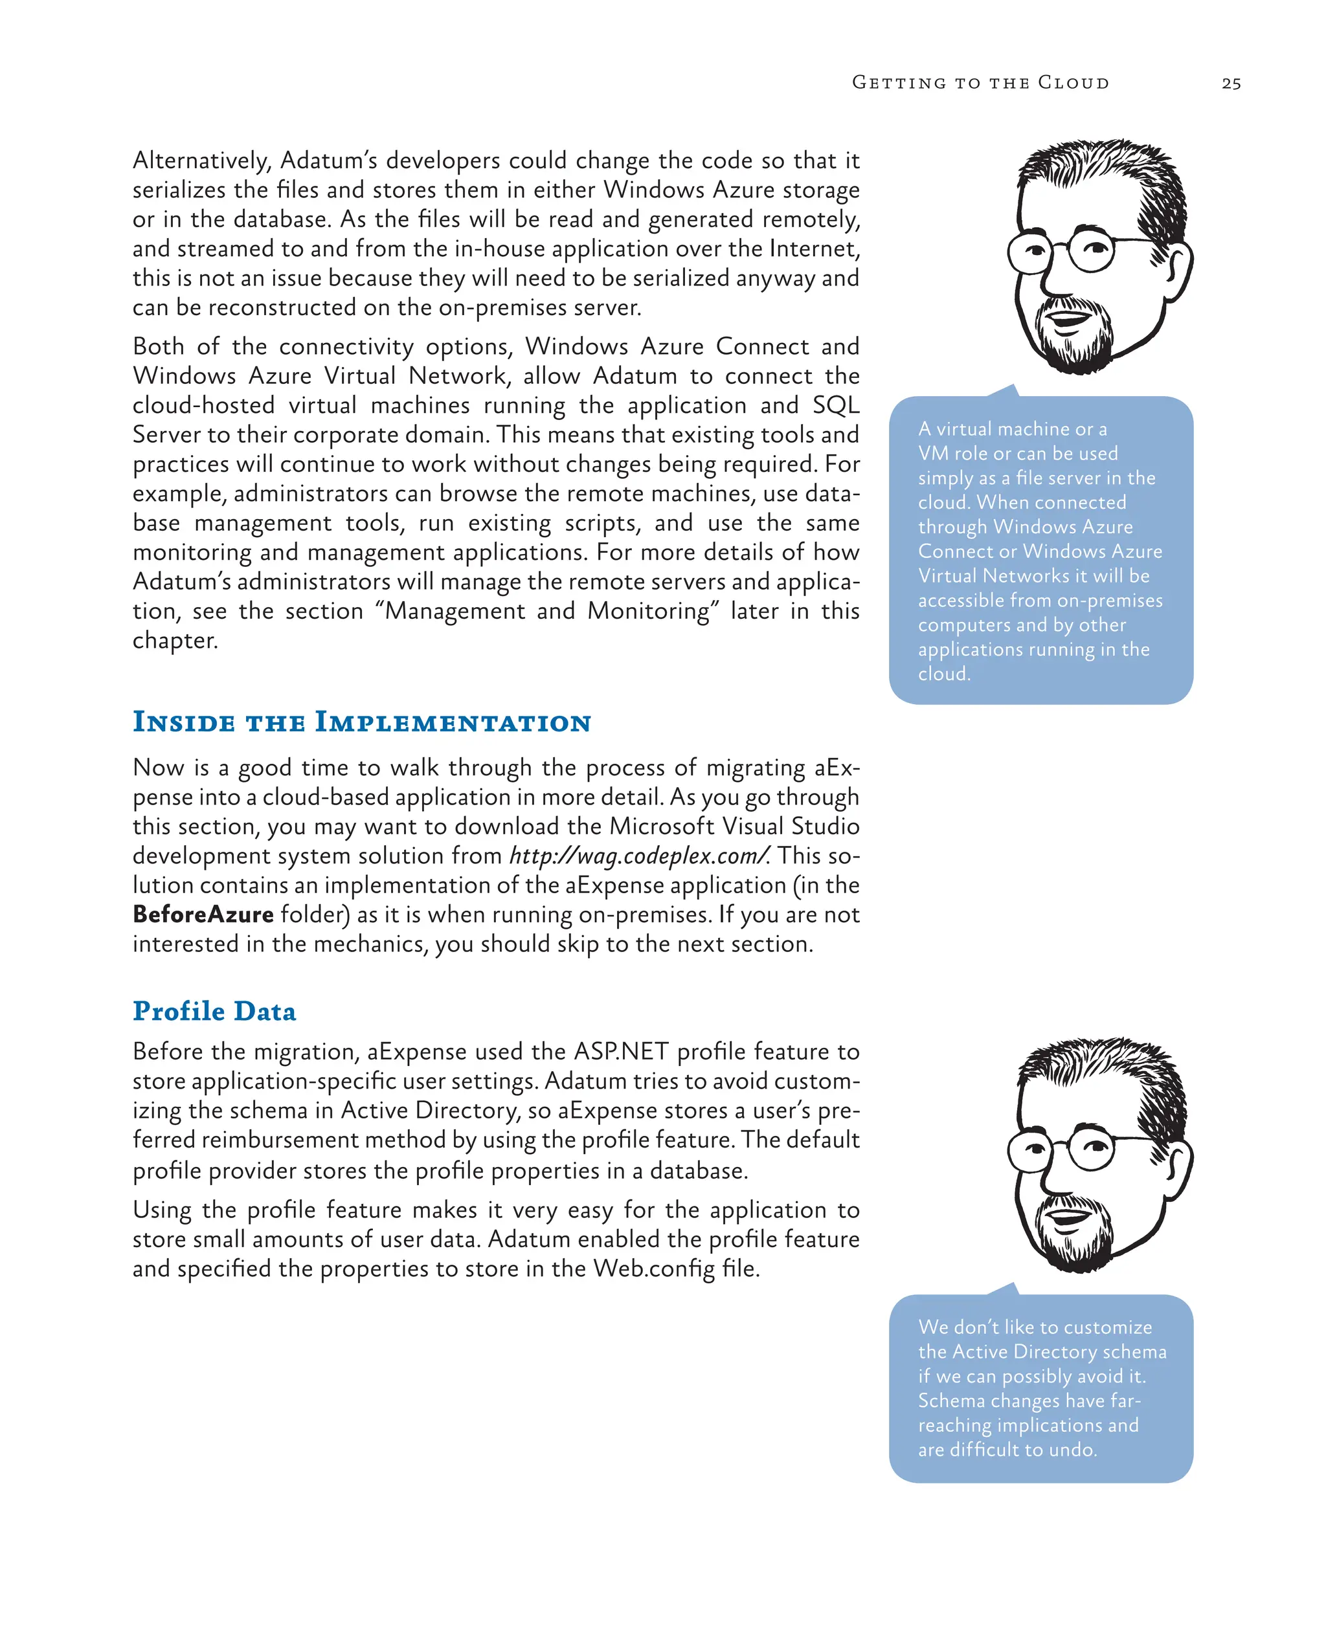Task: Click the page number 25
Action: (1231, 83)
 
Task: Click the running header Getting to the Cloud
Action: (980, 82)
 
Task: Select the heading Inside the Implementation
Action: (361, 722)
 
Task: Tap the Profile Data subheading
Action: (214, 1011)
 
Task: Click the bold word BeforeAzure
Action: (203, 914)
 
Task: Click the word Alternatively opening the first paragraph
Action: (201, 161)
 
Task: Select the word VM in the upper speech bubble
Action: (932, 454)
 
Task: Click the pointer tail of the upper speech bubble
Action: (1007, 391)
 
